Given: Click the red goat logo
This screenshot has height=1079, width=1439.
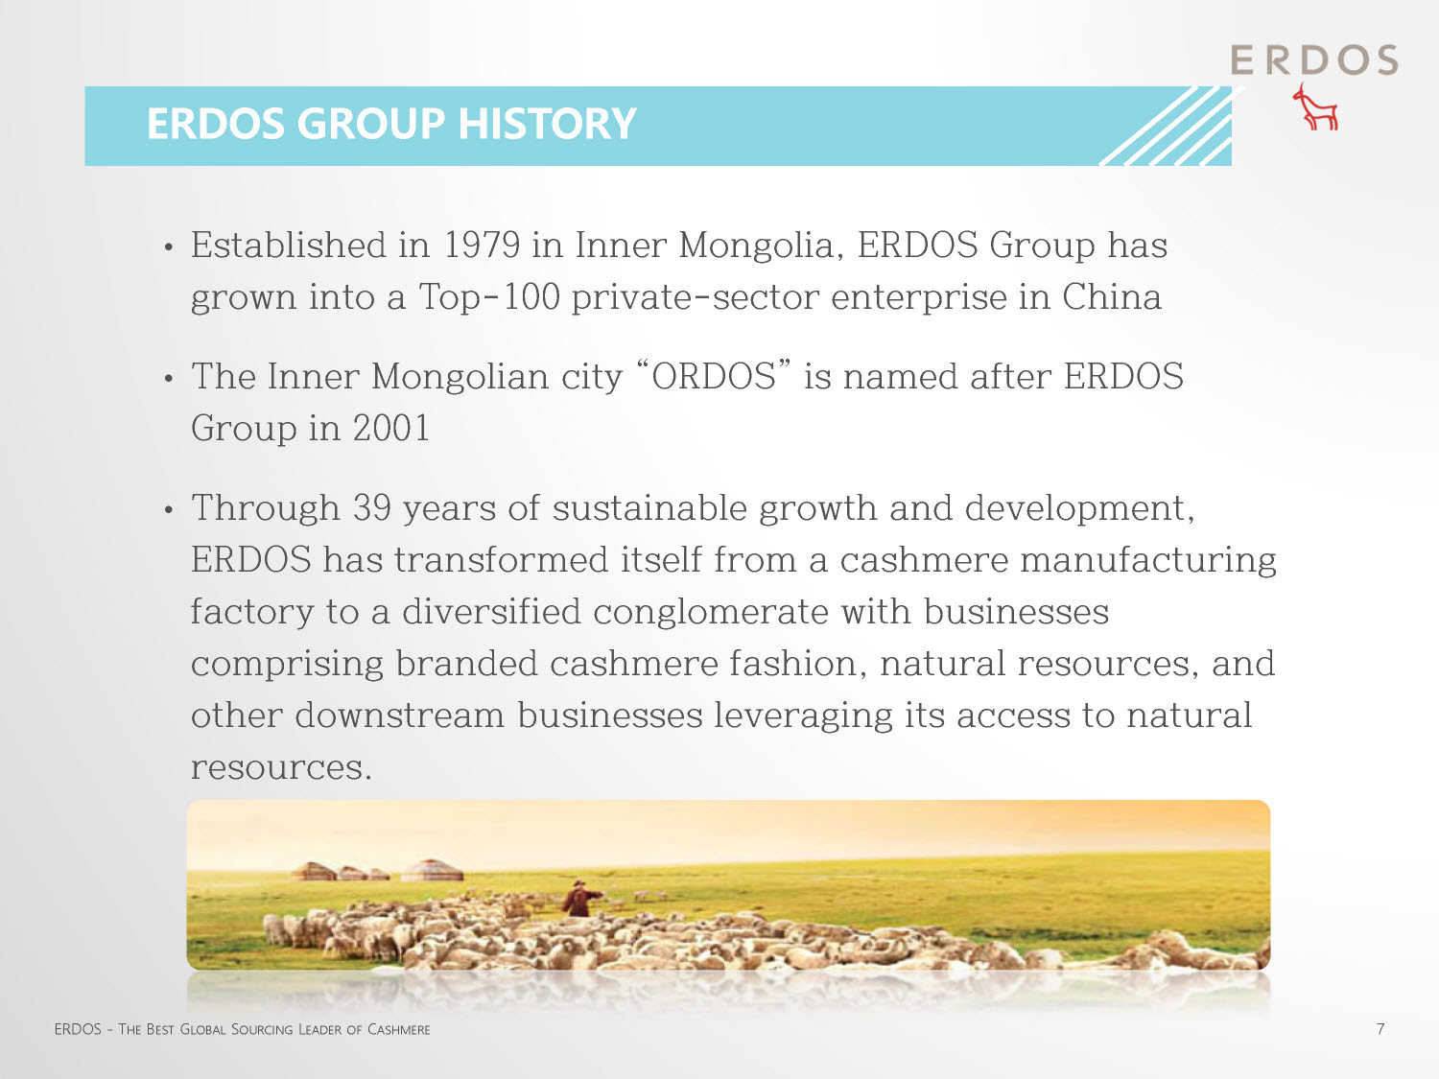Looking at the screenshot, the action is tap(1315, 107).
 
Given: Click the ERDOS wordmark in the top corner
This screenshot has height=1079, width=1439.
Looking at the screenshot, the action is tap(1313, 60).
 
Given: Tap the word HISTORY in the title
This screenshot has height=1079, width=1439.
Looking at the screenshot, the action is tap(548, 123).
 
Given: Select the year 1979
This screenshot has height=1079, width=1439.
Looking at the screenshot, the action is tap(482, 245).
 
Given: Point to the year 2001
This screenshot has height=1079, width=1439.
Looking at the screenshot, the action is tap(391, 428).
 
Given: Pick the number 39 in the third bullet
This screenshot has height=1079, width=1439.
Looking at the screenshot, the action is tap(371, 507).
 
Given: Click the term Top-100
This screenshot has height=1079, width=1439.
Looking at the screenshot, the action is tap(489, 297).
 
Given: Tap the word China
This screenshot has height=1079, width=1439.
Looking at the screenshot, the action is tap(1112, 296).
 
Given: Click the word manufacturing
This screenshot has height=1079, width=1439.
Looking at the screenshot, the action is tap(1148, 561).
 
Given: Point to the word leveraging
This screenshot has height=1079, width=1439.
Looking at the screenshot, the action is tap(803, 716).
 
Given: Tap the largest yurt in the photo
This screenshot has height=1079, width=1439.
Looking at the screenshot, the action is tap(432, 870).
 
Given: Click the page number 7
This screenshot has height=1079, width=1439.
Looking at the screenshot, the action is tap(1380, 1028).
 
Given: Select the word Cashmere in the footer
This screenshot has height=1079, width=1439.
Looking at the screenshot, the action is tap(398, 1029).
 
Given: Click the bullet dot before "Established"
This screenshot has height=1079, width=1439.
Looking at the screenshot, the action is tap(169, 247).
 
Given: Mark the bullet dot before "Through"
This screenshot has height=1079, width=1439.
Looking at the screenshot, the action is tap(169, 509).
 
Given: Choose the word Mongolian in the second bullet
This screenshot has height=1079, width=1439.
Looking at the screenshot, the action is tap(460, 377).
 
